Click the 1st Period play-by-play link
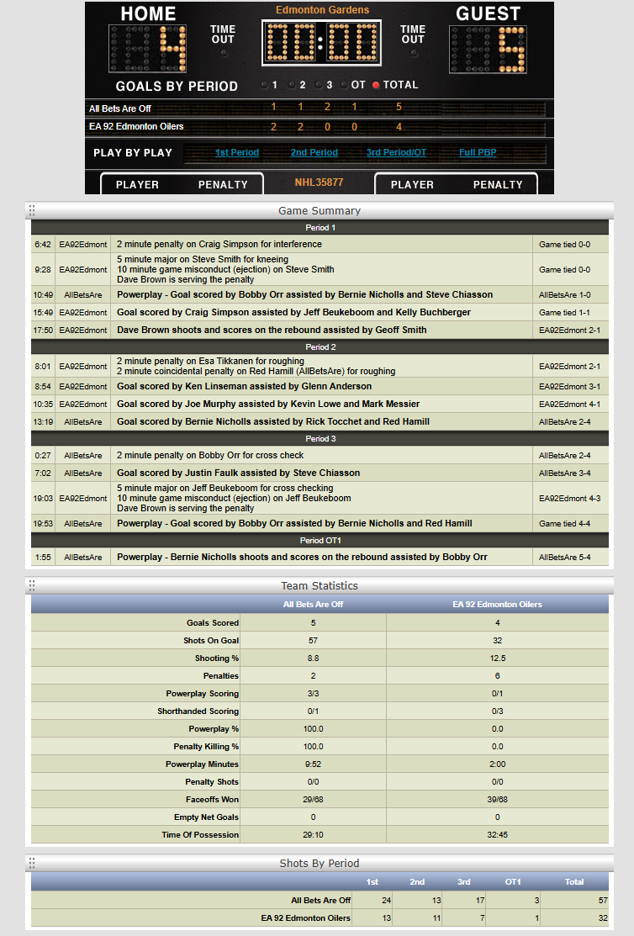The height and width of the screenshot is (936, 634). point(236,153)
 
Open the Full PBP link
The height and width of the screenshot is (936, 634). point(478,153)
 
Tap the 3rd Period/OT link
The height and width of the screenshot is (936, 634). point(396,153)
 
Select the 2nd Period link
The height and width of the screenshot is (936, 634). point(314,153)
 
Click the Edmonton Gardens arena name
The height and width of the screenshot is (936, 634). point(322,10)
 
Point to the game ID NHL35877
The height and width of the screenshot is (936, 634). point(319,182)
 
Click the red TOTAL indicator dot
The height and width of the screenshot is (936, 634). point(376,85)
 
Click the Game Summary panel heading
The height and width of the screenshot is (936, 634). point(319,211)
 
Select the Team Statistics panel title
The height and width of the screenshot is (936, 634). point(319,586)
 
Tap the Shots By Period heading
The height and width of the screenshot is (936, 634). point(319,864)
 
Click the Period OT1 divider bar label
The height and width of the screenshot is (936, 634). point(319,540)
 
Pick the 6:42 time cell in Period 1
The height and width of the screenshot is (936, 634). point(43,245)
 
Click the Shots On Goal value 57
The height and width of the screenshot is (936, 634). point(313,641)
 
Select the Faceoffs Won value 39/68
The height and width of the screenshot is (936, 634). point(497,800)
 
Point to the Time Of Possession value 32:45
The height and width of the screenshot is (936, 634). point(497,835)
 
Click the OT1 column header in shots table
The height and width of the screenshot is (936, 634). point(513,882)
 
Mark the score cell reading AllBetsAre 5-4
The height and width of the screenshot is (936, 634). point(570,558)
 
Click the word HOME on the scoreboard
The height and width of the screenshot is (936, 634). point(148,14)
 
